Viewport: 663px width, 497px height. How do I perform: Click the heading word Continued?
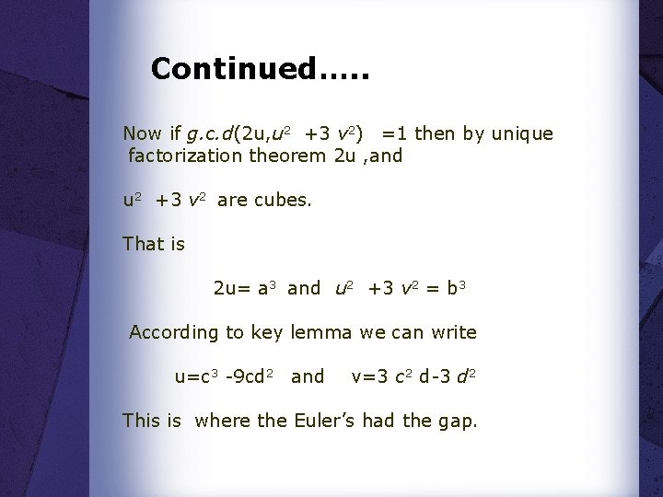[231, 68]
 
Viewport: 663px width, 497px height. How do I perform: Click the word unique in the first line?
[522, 133]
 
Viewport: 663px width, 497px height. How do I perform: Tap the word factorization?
[185, 156]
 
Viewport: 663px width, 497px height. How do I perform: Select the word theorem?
[287, 156]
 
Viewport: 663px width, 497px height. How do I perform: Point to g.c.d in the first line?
[210, 134]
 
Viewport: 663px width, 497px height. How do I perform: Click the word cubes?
[285, 199]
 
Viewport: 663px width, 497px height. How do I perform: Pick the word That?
[142, 244]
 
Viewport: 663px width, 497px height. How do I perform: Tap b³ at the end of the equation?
[459, 288]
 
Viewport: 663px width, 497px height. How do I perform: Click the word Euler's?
[326, 421]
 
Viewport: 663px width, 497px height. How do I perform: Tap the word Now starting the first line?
[142, 134]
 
